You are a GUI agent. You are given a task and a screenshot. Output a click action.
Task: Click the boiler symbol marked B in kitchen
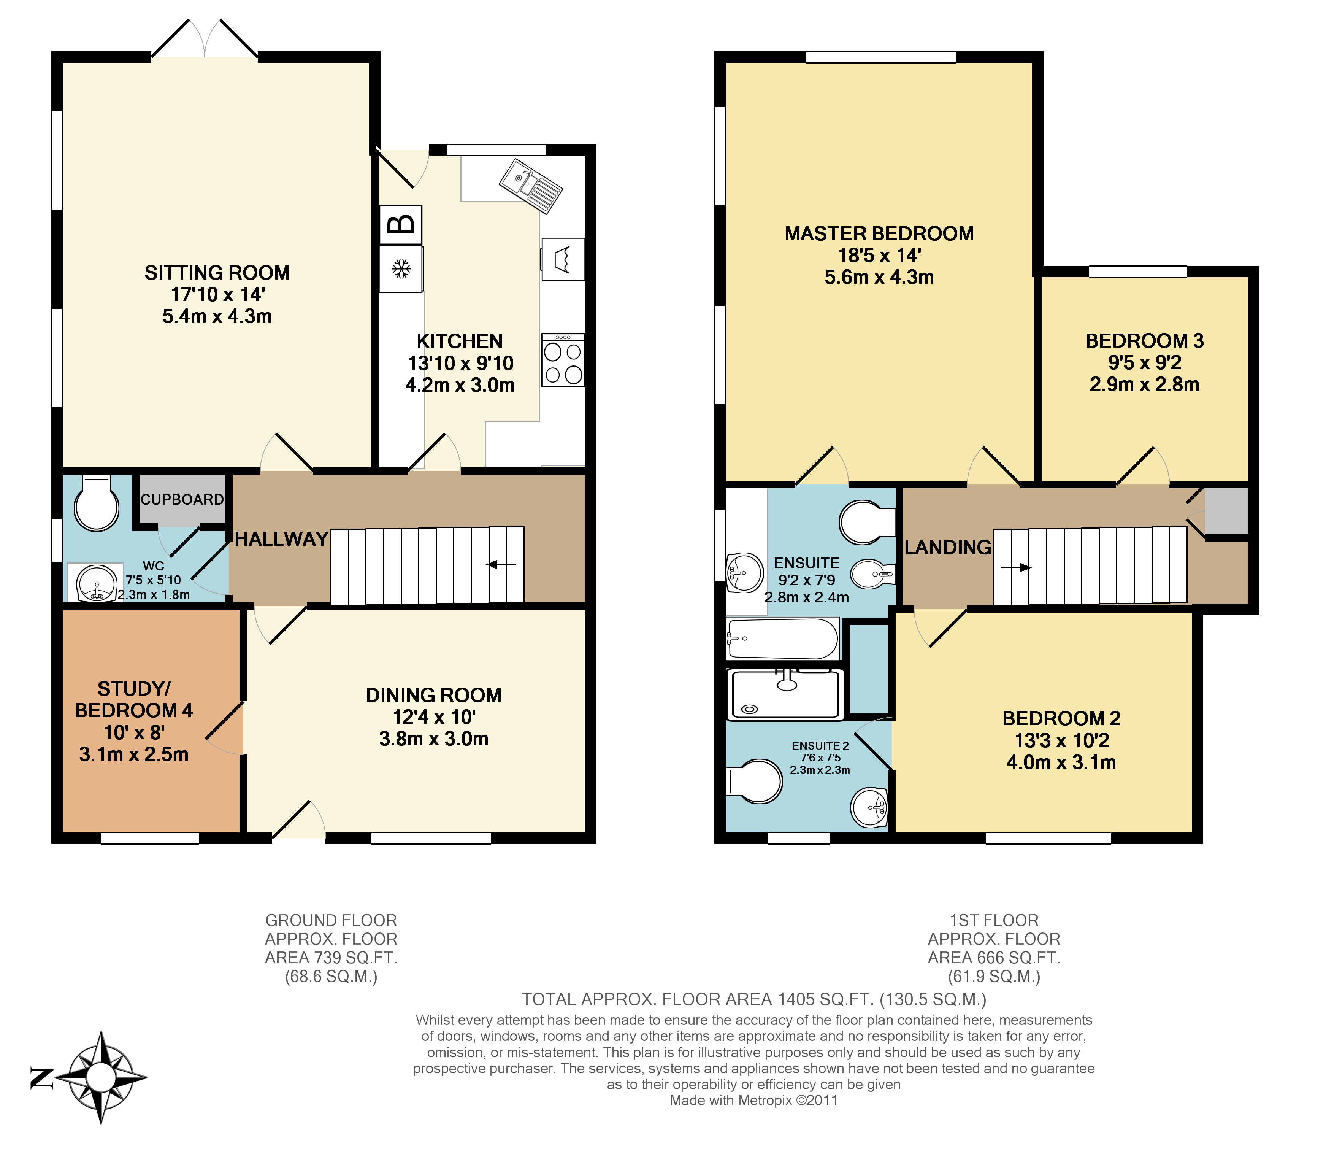pyautogui.click(x=401, y=225)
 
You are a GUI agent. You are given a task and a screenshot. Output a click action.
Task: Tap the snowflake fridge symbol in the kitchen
pyautogui.click(x=401, y=269)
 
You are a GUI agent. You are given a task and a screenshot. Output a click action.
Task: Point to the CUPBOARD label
pyautogui.click(x=182, y=499)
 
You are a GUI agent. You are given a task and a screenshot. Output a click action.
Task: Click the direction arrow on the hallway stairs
pyautogui.click(x=501, y=565)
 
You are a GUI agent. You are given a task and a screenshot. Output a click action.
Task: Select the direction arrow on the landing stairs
pyautogui.click(x=1016, y=567)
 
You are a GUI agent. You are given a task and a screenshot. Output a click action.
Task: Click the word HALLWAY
pyautogui.click(x=281, y=539)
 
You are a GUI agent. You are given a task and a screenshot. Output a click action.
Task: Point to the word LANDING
pyautogui.click(x=948, y=547)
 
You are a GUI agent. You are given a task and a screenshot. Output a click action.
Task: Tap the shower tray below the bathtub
pyautogui.click(x=786, y=694)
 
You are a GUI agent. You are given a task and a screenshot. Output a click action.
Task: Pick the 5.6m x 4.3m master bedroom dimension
pyautogui.click(x=879, y=277)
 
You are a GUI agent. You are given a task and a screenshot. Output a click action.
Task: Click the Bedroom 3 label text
pyautogui.click(x=1144, y=341)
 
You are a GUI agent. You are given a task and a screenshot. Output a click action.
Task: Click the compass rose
pyautogui.click(x=101, y=1078)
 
